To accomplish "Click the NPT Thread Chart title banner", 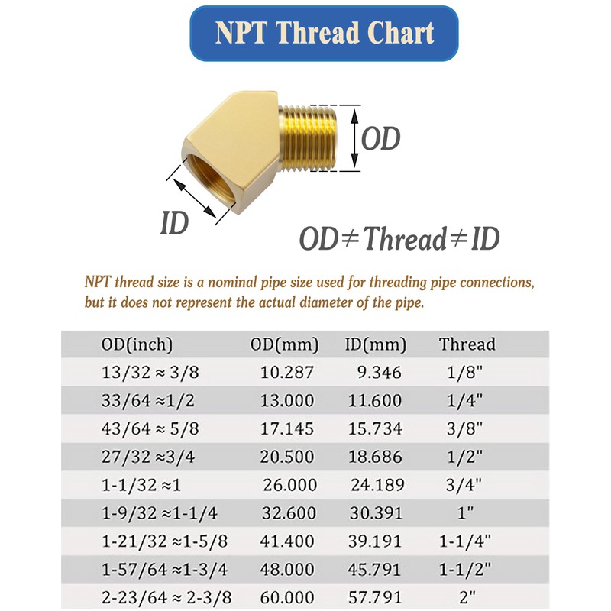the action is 324,33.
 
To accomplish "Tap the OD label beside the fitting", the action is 380,138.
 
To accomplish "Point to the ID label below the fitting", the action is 175,222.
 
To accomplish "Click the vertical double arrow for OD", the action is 354,138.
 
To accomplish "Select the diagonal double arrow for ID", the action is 194,198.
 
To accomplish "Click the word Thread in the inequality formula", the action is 405,238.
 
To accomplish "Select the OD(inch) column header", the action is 137,344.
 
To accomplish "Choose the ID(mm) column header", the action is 375,344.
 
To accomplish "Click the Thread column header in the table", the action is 467,344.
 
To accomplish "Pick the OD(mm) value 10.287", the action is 287,372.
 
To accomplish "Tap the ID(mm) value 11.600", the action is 374,400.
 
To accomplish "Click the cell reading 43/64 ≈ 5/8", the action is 150,428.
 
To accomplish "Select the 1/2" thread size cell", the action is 464,456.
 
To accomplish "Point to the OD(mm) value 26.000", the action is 290,485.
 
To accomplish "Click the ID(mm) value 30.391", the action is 376,512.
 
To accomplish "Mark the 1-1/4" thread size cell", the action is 465,541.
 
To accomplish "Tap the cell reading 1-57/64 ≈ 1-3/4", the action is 164,569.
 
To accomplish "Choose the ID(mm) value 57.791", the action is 374,597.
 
